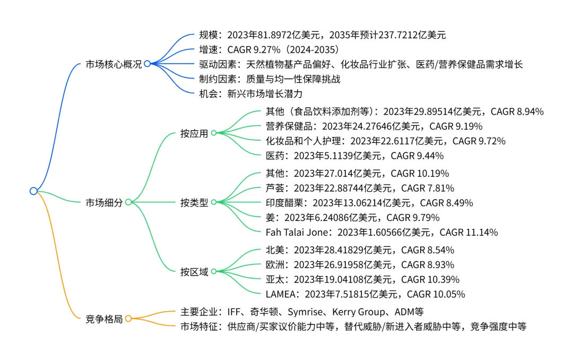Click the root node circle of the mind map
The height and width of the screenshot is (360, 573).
(33, 191)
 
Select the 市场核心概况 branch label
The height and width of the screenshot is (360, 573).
(114, 64)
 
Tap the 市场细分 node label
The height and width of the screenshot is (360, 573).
(104, 202)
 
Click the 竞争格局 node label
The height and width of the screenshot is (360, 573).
(104, 319)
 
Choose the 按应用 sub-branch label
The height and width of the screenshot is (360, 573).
(194, 133)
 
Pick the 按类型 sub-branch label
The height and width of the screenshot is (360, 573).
(194, 202)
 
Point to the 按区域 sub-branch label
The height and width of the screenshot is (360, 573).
(194, 272)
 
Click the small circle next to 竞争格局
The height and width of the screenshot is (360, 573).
(128, 319)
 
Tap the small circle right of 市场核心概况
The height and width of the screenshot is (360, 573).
(147, 64)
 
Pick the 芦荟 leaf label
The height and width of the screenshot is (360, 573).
(275, 188)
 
